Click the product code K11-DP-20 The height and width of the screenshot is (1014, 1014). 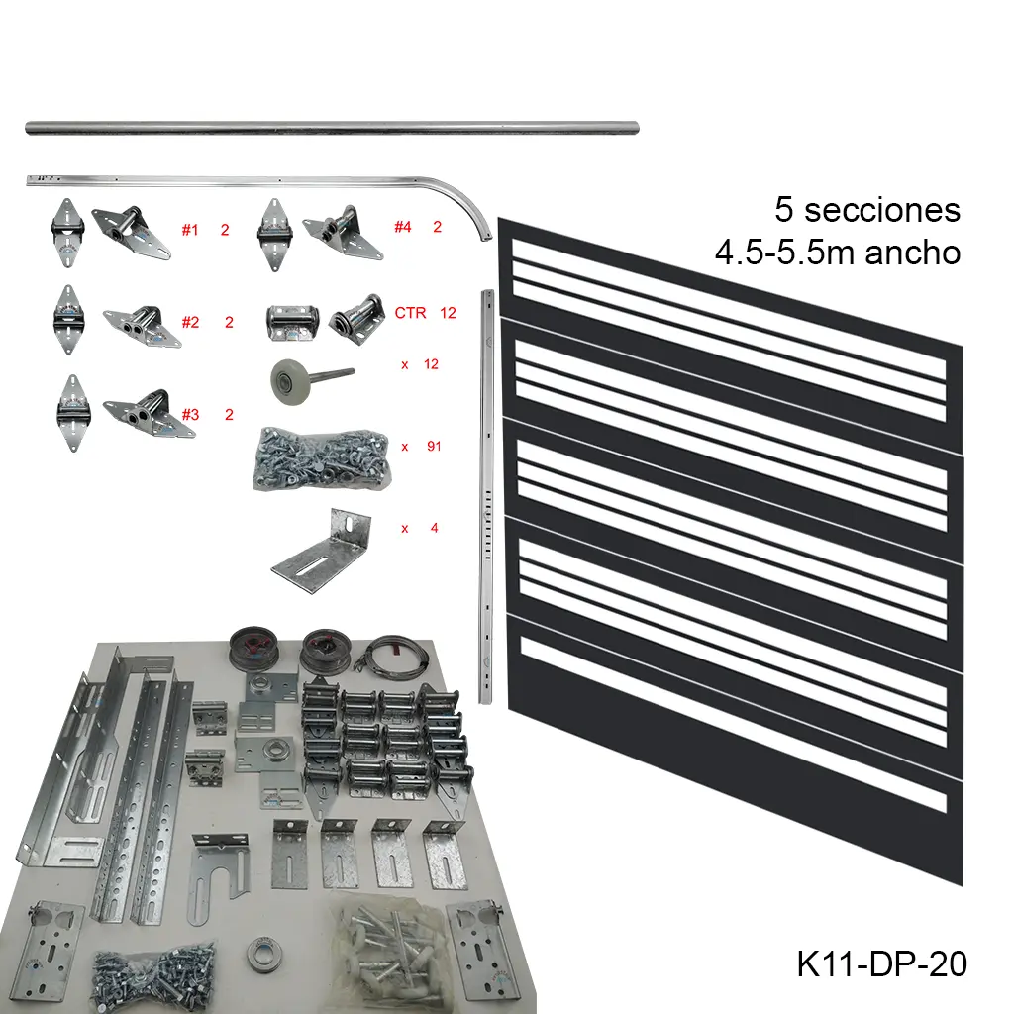click(881, 963)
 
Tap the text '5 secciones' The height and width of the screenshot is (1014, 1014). click(867, 210)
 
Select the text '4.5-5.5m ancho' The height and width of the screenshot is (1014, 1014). click(838, 253)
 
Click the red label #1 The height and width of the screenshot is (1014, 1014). click(190, 230)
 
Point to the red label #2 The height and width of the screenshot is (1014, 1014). click(191, 322)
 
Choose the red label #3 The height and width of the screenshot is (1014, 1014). click(190, 415)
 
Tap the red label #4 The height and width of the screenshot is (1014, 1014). click(402, 227)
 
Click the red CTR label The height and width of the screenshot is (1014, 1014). click(410, 313)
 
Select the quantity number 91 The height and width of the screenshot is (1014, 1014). click(433, 447)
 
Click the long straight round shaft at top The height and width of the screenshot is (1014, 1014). click(332, 128)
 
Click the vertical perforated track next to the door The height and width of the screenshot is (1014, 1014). click(485, 495)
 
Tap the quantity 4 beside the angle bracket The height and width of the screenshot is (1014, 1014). click(434, 528)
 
